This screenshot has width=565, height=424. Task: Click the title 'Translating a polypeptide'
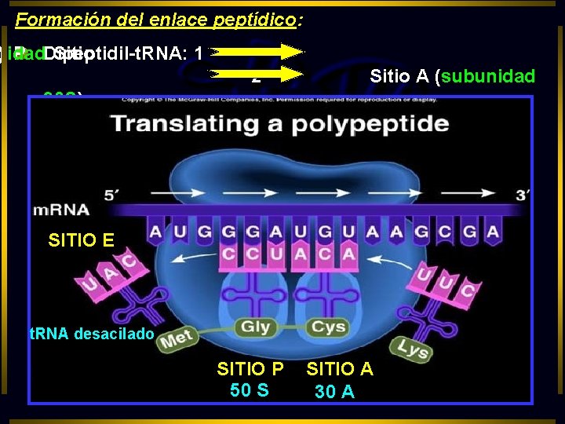(x=280, y=124)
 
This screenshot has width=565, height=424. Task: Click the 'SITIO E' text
(x=81, y=240)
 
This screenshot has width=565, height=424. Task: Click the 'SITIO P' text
(x=250, y=369)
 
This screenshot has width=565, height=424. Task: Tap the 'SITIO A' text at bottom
(x=340, y=369)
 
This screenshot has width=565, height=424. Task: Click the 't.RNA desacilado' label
(x=91, y=334)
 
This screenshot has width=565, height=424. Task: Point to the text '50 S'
(x=250, y=390)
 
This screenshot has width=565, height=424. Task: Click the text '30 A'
(x=334, y=390)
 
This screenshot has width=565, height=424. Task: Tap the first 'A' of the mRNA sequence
(x=155, y=232)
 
